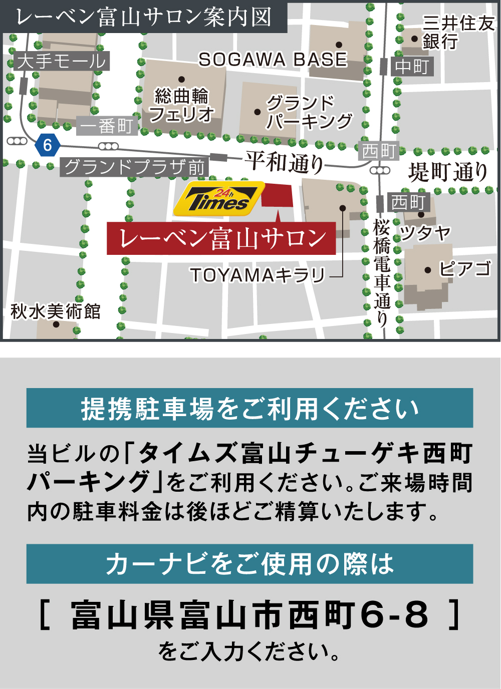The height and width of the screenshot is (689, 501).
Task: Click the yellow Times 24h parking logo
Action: click(218, 199)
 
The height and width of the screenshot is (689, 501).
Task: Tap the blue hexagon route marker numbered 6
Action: click(48, 145)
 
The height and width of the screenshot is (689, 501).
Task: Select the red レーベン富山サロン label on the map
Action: click(221, 238)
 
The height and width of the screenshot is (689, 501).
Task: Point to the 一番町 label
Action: click(107, 126)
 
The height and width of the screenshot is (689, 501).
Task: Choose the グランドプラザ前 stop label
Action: click(134, 167)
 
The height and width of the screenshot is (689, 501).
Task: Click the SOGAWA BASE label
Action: click(273, 60)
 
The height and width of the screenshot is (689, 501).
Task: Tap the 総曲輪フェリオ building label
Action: click(181, 105)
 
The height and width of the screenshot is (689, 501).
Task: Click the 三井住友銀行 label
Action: click(457, 32)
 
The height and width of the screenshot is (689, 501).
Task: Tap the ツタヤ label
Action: click(425, 233)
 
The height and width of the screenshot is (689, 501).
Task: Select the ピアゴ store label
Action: click(464, 269)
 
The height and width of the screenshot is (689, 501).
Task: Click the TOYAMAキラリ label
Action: click(258, 275)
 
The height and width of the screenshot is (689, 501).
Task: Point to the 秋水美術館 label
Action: click(56, 311)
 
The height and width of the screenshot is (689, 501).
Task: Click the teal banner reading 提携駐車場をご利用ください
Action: click(249, 408)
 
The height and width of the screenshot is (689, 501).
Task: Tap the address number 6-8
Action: click(394, 615)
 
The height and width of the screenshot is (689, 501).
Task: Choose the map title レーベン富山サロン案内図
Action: click(144, 17)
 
